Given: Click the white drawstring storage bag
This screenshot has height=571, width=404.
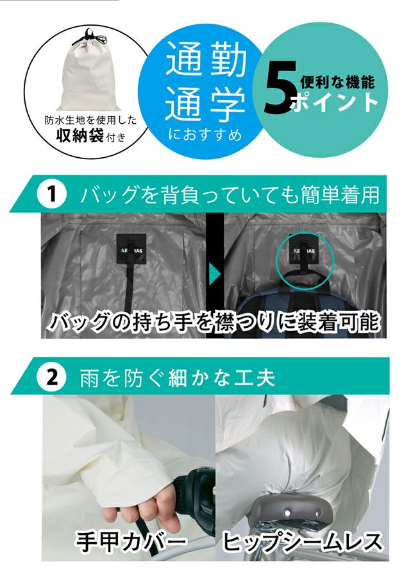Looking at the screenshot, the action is coord(87,73).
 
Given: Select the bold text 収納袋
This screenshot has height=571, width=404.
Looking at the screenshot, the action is coord(80,135).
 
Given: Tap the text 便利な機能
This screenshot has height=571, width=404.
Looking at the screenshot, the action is coord(337,82).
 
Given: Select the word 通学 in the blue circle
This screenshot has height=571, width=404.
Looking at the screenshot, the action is coord(206,104).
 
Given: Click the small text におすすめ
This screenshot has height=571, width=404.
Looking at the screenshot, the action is coord(205,135).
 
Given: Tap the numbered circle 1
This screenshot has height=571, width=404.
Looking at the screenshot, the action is coord(52,194).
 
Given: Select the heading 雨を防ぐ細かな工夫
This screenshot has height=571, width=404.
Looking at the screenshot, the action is coord(177,378).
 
